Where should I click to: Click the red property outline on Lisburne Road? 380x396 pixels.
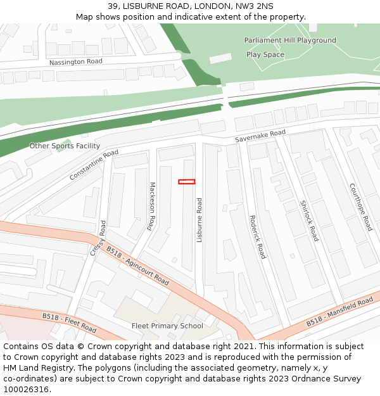(x=186, y=182)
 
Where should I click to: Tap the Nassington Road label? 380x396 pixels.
(x=76, y=61)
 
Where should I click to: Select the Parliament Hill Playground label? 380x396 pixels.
(x=290, y=40)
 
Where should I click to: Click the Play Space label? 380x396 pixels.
(x=265, y=54)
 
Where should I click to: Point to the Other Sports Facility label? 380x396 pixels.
(x=65, y=146)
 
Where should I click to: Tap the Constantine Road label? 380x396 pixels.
(x=94, y=165)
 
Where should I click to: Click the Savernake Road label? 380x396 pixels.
(x=260, y=136)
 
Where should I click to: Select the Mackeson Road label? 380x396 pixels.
(x=151, y=206)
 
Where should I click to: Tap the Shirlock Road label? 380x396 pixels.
(x=309, y=220)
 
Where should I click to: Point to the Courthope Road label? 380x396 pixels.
(x=361, y=207)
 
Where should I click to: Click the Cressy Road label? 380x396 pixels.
(x=98, y=238)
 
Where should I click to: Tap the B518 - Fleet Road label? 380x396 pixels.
(x=70, y=323)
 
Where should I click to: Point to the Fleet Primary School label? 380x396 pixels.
(x=167, y=326)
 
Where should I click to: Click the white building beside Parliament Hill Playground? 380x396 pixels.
(x=220, y=58)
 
